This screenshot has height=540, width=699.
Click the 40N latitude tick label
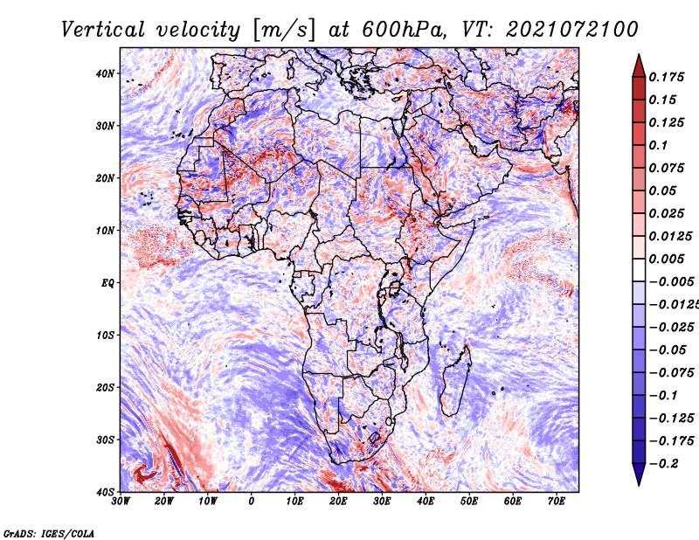pos(105,73)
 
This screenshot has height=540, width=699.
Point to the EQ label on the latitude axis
pos(107,283)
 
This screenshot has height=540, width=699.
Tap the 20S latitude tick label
pos(105,387)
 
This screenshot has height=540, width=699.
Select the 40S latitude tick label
pos(105,492)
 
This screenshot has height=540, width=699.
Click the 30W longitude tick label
pos(121,502)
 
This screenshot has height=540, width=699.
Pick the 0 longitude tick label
pos(252,502)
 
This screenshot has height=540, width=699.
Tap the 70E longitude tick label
pos(557,502)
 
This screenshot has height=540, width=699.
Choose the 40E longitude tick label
pos(426,502)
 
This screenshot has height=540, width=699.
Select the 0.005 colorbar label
pos(667,259)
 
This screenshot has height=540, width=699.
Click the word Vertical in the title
pos(103,31)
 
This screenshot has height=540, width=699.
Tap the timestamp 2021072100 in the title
pos(572,30)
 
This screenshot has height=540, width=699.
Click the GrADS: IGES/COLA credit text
pos(49,533)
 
